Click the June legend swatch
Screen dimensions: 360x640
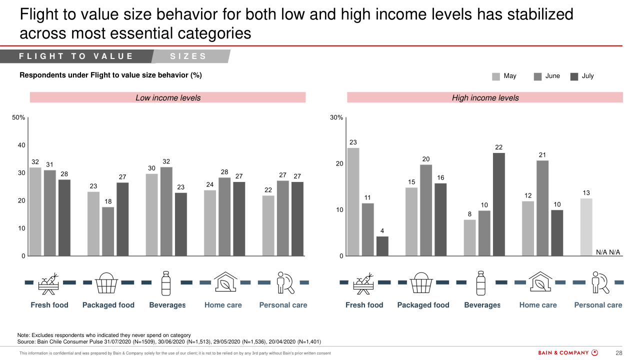tap(538, 76)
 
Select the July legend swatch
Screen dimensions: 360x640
tap(574, 76)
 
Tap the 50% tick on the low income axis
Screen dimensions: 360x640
tap(19, 118)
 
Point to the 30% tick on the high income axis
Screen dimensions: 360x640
tap(336, 118)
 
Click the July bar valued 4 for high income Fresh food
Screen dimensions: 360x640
tap(382, 246)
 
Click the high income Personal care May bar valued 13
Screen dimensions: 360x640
tap(586, 227)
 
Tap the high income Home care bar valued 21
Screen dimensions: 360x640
tap(542, 208)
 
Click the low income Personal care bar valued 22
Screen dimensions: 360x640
tap(268, 225)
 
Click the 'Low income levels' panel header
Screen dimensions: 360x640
tap(168, 97)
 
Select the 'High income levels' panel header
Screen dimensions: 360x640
tap(485, 97)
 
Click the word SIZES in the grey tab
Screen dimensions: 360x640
tap(188, 56)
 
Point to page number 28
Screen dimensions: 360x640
tap(618, 352)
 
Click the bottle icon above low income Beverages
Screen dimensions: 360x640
tap(166, 283)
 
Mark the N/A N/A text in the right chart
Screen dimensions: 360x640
tap(608, 252)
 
